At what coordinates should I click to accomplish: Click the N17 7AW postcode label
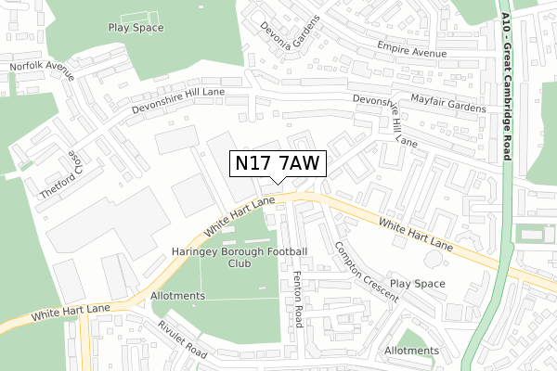[x=277, y=163]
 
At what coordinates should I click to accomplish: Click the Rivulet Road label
[x=182, y=339]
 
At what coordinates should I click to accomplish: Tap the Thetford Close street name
[x=54, y=174]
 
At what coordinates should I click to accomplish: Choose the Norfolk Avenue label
[x=41, y=72]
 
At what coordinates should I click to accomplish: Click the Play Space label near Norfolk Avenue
[x=136, y=28]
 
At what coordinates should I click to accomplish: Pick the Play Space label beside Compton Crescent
[x=418, y=283]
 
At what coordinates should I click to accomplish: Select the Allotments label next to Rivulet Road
[x=176, y=296]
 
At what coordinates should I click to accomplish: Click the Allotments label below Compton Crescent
[x=411, y=351]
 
